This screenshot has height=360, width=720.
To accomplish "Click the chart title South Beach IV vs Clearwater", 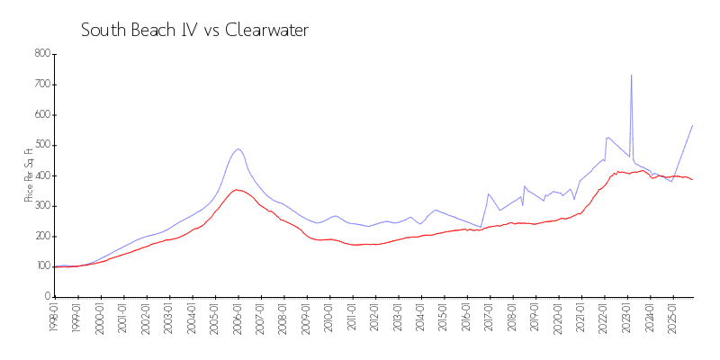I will [194, 31].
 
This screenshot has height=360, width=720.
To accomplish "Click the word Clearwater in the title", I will [265, 31].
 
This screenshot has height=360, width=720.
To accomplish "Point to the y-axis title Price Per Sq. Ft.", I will [30, 175].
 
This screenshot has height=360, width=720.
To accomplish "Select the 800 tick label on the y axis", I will [40, 54].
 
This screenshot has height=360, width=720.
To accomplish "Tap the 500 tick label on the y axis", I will [40, 145].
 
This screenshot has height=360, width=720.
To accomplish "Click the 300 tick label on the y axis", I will [40, 205].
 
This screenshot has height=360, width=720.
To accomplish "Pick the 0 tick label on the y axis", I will [46, 296].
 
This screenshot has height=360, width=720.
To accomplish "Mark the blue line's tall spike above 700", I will [631, 76].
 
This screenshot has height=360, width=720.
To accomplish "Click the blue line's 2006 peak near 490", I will [238, 149].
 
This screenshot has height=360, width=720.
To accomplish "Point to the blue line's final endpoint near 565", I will [692, 125].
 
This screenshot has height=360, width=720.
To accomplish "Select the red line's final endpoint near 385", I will [692, 180].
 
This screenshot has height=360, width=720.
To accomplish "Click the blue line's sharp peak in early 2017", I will [489, 193].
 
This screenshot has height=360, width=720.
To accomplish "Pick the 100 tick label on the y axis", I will [40, 266].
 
